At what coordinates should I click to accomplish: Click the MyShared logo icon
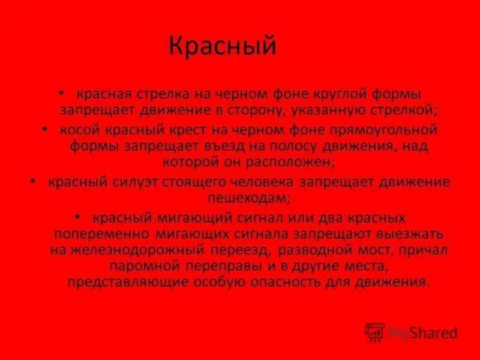[374, 331]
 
